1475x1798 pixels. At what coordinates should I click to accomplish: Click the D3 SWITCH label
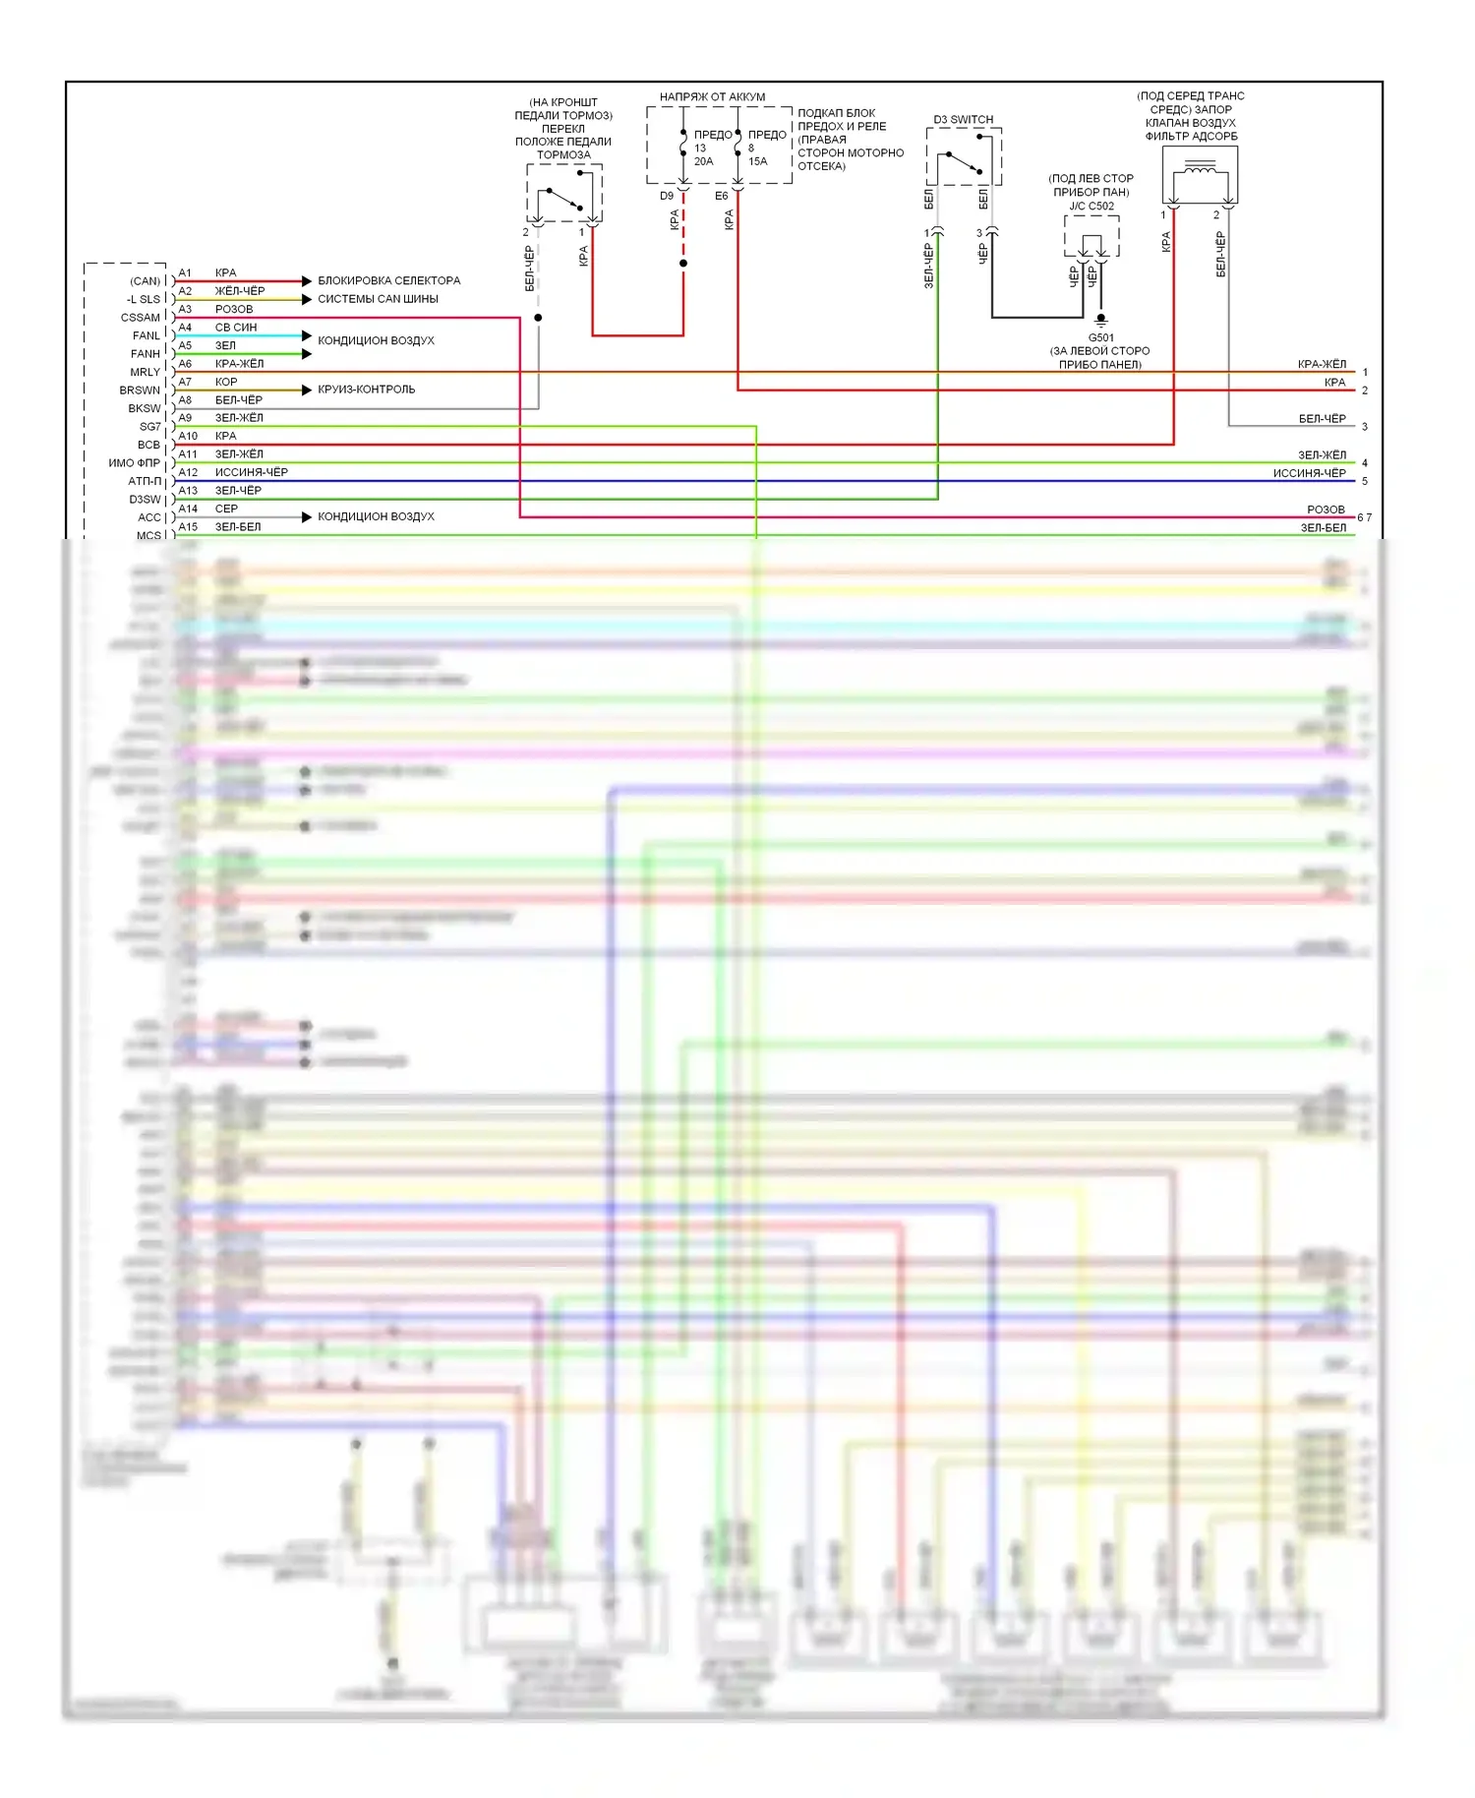pyautogui.click(x=963, y=120)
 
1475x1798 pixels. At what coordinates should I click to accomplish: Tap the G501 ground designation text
pyautogui.click(x=1100, y=337)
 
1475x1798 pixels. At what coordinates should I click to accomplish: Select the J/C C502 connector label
pyautogui.click(x=1091, y=207)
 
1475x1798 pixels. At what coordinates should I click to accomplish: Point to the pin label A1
pyautogui.click(x=185, y=273)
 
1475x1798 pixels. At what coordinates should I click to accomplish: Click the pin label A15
pyautogui.click(x=188, y=527)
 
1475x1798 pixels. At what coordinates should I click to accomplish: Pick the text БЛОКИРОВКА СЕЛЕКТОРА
pyautogui.click(x=388, y=281)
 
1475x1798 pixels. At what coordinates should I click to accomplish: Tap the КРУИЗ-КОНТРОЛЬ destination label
pyautogui.click(x=366, y=390)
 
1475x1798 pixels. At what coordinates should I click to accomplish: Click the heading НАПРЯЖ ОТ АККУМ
pyautogui.click(x=712, y=97)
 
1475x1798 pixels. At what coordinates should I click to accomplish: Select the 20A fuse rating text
pyautogui.click(x=703, y=161)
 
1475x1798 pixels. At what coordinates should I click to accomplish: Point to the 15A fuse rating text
pyautogui.click(x=757, y=161)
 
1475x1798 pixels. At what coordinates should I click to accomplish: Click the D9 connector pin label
pyautogui.click(x=667, y=196)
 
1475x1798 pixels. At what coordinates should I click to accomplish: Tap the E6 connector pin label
pyautogui.click(x=722, y=196)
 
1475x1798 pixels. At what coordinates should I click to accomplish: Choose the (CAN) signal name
pyautogui.click(x=145, y=281)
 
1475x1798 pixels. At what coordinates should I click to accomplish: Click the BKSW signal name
pyautogui.click(x=144, y=408)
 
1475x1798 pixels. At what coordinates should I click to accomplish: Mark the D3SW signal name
pyautogui.click(x=145, y=500)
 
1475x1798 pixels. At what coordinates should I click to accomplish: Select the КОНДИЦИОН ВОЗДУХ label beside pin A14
pyautogui.click(x=376, y=516)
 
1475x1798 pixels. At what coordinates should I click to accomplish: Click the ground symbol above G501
pyautogui.click(x=1101, y=320)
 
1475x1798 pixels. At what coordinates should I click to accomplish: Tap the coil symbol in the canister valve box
pyautogui.click(x=1200, y=171)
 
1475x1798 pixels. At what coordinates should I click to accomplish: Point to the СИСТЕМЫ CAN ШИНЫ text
pyautogui.click(x=378, y=299)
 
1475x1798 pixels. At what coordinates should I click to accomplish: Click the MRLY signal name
pyautogui.click(x=145, y=372)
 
